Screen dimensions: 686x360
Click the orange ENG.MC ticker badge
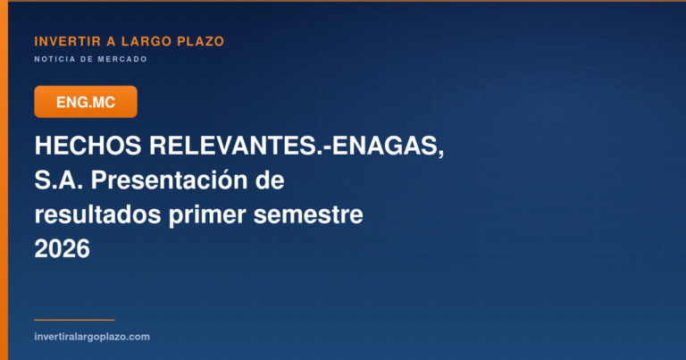(86, 102)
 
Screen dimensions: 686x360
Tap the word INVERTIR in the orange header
(67, 42)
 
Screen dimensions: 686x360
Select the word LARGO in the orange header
(146, 42)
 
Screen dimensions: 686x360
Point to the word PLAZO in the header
(200, 42)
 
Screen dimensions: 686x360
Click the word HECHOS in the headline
(88, 146)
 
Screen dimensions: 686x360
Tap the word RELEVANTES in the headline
(232, 146)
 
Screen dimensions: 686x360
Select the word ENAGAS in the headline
(385, 146)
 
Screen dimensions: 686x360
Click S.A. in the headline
(59, 180)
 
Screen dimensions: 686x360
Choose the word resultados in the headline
(97, 214)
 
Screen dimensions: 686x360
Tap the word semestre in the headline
(308, 215)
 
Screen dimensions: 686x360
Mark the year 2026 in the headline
(63, 249)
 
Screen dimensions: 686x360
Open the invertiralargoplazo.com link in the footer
(92, 337)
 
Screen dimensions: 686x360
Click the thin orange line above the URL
(74, 320)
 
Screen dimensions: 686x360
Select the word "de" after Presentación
(271, 180)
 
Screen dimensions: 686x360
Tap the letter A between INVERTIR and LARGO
(111, 42)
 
